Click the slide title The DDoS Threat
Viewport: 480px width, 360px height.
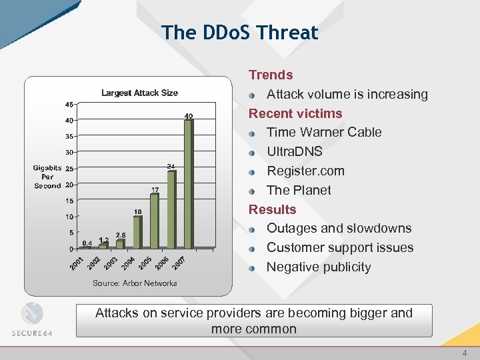coord(239,32)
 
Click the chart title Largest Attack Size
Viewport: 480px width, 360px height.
coord(139,93)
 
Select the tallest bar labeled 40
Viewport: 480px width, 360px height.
coord(189,183)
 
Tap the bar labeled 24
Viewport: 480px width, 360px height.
coord(171,209)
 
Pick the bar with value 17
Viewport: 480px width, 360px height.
coord(155,221)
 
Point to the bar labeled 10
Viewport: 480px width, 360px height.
coord(137,232)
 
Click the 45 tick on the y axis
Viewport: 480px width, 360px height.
coord(69,105)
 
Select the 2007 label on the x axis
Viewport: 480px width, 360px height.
coord(178,263)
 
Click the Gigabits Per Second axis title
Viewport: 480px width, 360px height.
coord(47,177)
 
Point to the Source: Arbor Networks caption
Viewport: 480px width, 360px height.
coord(135,283)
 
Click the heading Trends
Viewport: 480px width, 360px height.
coord(271,75)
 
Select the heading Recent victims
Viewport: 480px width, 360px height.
coord(295,113)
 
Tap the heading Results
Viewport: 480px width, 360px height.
coord(272,209)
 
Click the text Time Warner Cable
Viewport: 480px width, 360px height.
coord(324,132)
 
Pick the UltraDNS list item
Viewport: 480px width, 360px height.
coord(295,151)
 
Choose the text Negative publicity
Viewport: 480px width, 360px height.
coord(319,267)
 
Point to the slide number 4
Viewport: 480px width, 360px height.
coord(465,353)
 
